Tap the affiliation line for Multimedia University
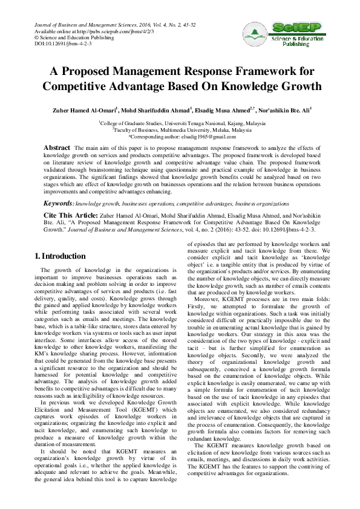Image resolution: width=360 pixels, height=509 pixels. pos(180,129)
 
